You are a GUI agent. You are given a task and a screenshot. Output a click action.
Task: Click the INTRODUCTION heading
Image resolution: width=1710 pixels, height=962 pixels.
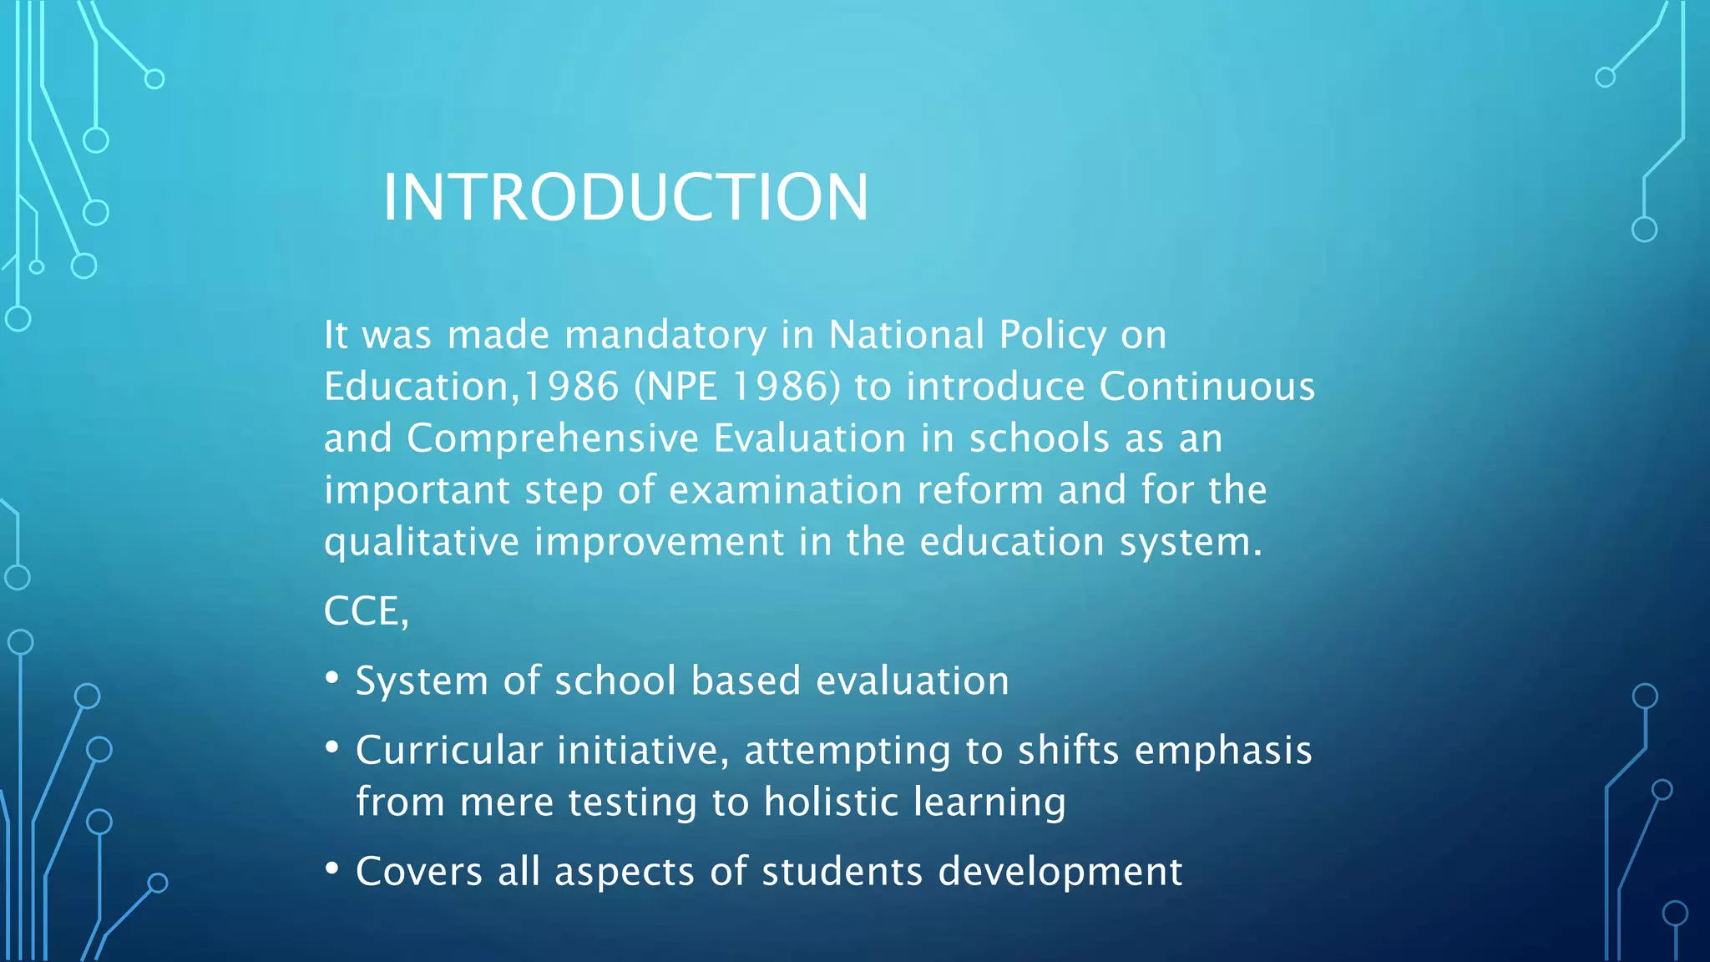click(625, 197)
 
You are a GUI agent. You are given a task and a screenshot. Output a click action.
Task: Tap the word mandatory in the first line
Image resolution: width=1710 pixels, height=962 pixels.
click(665, 336)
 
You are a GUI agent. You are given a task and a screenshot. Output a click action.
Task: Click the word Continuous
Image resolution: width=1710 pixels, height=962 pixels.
click(1207, 387)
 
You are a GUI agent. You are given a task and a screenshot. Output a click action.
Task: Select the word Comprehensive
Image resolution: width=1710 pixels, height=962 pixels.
click(553, 439)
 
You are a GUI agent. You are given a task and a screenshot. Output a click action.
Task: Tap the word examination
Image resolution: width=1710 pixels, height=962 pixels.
click(786, 491)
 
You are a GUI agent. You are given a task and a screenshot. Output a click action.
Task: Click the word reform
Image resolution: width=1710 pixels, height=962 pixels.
click(980, 491)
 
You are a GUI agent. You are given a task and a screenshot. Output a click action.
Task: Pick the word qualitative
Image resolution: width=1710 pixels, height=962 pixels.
click(422, 543)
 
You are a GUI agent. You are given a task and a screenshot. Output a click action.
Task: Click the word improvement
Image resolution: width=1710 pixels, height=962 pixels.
click(660, 543)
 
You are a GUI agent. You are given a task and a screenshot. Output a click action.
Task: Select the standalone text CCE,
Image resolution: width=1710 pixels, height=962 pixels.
click(366, 612)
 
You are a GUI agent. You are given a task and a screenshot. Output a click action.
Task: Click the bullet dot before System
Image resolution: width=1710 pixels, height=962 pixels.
click(332, 677)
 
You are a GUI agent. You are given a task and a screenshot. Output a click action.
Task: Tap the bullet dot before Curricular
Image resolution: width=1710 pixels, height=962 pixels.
click(332, 747)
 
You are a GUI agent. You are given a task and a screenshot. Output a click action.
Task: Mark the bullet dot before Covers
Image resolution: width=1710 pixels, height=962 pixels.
click(332, 868)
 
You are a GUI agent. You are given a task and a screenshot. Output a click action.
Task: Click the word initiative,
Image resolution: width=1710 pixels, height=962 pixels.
click(643, 751)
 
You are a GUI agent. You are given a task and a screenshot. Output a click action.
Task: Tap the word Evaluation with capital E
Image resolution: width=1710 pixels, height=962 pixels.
click(810, 439)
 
